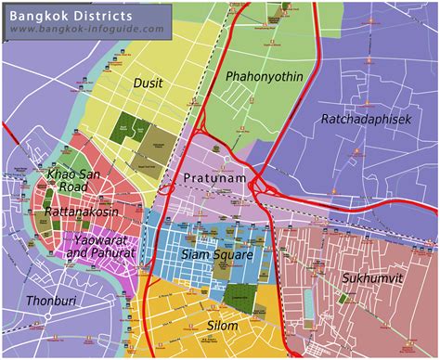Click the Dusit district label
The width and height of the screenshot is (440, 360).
(148, 83)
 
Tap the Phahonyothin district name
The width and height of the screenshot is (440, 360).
(265, 77)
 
